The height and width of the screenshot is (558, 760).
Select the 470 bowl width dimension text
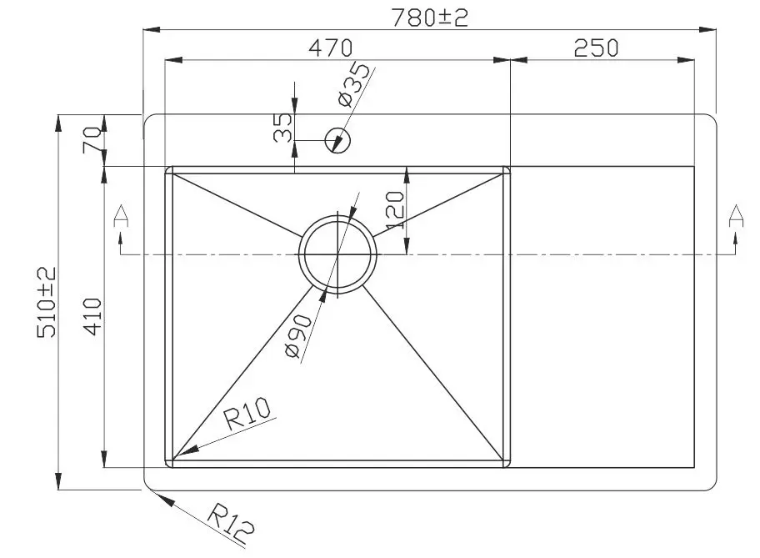[331, 48]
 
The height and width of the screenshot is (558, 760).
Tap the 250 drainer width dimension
[596, 48]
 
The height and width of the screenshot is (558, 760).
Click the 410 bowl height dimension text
[93, 316]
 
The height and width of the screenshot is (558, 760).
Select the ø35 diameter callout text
[352, 86]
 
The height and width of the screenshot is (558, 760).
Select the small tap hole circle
[339, 140]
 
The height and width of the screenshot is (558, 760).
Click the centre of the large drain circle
[337, 253]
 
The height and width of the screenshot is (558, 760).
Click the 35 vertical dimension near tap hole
[283, 128]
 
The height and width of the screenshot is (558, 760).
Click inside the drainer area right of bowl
[602, 317]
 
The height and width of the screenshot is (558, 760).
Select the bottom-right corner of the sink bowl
[507, 465]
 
